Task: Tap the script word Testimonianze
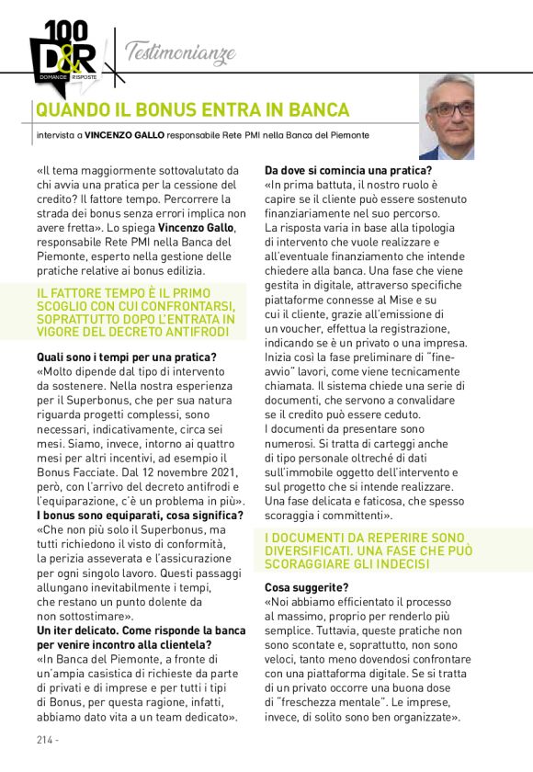[179, 51]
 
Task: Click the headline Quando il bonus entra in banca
[192, 111]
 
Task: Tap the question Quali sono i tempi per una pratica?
[126, 358]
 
